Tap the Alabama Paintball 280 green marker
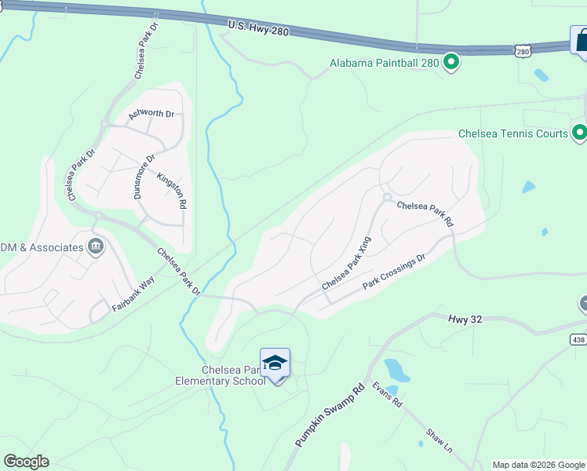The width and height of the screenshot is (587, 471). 451,61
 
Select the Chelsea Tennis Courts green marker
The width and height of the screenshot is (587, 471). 580,133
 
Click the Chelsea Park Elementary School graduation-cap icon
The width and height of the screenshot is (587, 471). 275,363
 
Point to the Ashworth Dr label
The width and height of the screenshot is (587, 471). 151,114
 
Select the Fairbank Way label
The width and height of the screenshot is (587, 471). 133,295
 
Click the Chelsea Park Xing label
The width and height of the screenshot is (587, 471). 345,265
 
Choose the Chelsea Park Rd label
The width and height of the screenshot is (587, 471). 425,214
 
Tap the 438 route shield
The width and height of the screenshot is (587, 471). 578,339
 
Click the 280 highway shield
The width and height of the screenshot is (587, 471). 524,50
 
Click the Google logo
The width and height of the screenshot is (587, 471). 26,462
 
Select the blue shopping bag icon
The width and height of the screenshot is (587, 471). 582,40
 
